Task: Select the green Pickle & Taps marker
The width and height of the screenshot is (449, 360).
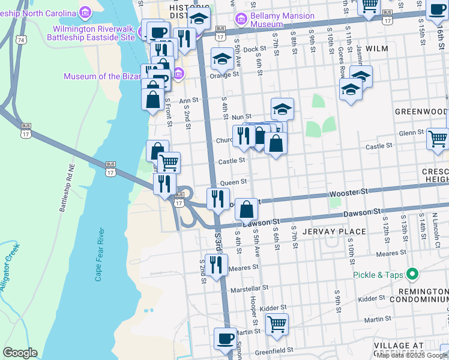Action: [412, 275]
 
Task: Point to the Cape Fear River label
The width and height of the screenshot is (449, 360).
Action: [100, 254]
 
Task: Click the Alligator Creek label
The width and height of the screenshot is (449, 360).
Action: [10, 267]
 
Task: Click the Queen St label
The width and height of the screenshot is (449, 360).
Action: [234, 182]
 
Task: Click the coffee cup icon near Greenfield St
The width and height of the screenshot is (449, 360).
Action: [225, 338]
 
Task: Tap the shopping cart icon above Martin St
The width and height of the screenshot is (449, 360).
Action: [277, 324]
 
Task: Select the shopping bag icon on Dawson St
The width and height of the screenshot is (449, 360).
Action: [246, 209]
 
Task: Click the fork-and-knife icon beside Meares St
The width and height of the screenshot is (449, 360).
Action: [216, 264]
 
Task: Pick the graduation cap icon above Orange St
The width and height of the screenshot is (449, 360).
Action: [222, 59]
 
